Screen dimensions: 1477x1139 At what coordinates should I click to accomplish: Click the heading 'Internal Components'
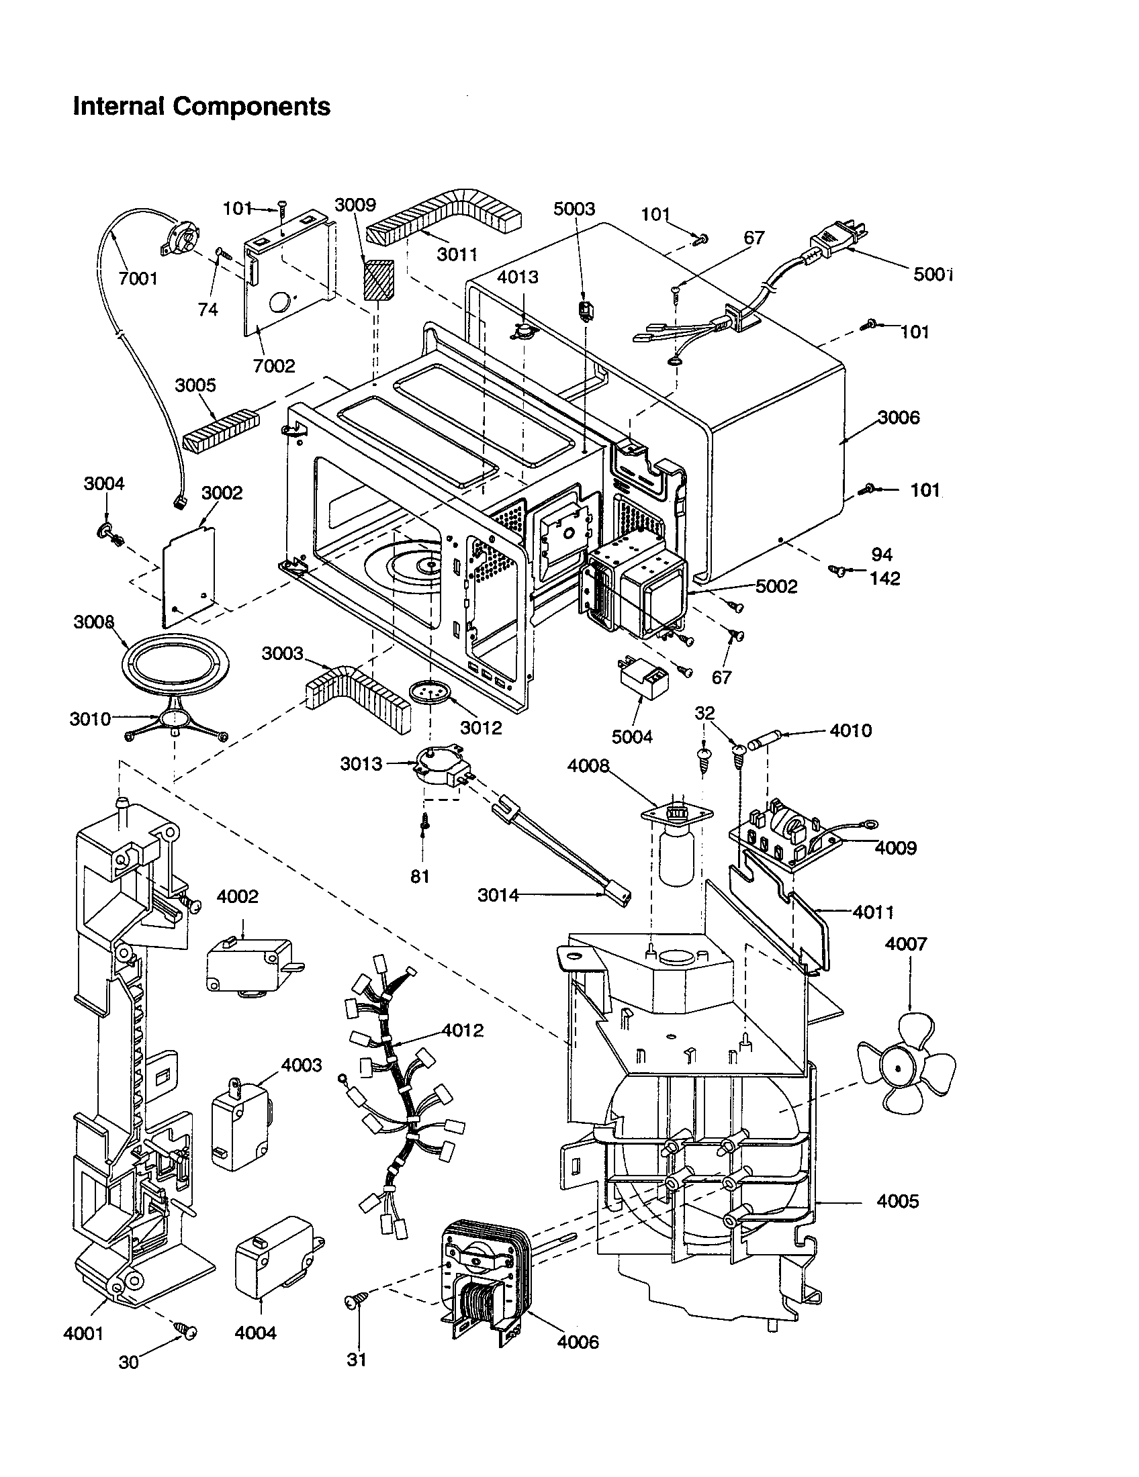click(201, 107)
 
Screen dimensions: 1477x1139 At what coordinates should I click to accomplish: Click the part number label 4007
click(906, 943)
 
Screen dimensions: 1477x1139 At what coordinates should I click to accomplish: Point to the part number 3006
click(899, 418)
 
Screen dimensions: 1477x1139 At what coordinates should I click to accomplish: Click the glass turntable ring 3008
click(175, 665)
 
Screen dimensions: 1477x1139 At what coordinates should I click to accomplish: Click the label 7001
click(138, 279)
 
